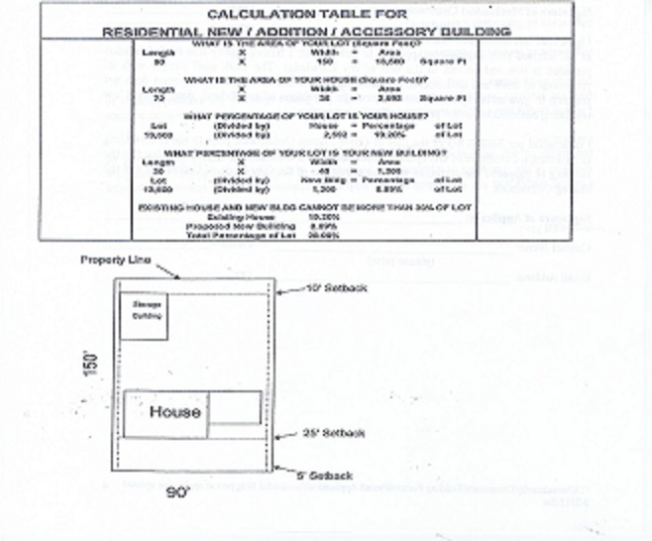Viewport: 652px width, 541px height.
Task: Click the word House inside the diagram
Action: (176, 411)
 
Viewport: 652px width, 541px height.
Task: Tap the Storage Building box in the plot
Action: (143, 316)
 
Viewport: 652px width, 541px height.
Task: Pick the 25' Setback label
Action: (337, 434)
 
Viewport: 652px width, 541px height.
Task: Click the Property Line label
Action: (115, 260)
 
